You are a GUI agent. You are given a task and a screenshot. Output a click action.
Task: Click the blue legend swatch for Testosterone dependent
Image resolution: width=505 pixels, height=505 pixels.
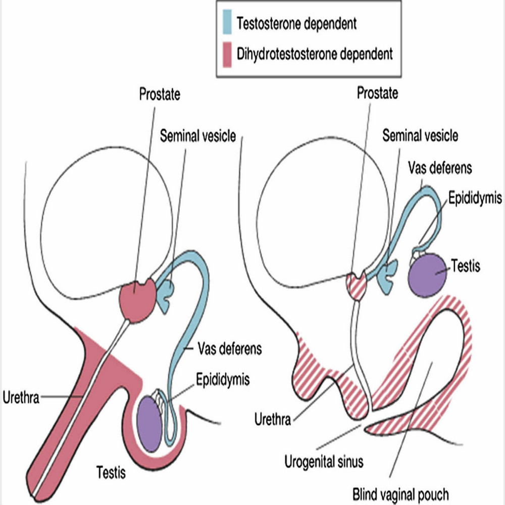pos(227,22)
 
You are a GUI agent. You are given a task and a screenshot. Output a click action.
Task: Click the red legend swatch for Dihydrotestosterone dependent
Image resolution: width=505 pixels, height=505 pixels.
pos(227,55)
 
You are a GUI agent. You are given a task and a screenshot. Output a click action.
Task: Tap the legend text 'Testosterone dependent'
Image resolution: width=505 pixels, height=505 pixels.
pos(296,24)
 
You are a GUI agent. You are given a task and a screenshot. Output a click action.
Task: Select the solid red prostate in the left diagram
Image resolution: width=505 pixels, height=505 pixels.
pos(138,299)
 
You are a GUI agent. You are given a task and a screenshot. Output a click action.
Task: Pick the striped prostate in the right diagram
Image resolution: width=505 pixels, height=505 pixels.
pos(357,285)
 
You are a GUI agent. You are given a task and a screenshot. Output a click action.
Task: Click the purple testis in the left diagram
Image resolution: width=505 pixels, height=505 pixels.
pos(149,424)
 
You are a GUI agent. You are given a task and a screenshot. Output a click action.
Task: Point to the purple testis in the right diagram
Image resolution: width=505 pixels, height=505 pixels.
pos(427,275)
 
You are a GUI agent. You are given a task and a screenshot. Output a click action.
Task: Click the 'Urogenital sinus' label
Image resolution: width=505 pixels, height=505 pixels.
pos(324,462)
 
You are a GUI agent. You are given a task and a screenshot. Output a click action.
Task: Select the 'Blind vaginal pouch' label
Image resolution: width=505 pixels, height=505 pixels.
pos(400,494)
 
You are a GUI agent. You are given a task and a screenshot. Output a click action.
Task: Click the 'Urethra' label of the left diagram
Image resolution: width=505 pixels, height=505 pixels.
pos(21,397)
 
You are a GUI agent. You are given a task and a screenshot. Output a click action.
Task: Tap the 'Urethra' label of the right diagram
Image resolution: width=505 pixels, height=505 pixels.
pos(273,419)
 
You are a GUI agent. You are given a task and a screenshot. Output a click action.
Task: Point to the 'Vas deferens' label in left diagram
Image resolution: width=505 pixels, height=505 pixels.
pos(230,348)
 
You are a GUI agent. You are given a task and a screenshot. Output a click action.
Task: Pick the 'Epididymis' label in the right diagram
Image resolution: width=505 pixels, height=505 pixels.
pos(475,198)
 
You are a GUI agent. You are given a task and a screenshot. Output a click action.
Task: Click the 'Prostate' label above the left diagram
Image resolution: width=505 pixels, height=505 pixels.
pos(160,94)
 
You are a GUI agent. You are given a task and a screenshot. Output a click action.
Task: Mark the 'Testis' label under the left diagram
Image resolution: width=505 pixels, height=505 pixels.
pos(111,473)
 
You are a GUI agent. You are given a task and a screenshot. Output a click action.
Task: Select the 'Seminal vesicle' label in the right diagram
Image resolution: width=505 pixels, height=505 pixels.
pos(420,135)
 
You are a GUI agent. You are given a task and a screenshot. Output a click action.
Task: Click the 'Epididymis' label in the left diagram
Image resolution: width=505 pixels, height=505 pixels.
pos(223,379)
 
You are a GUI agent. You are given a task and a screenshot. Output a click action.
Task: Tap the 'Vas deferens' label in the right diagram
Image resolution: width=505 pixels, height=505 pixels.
pos(440,168)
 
